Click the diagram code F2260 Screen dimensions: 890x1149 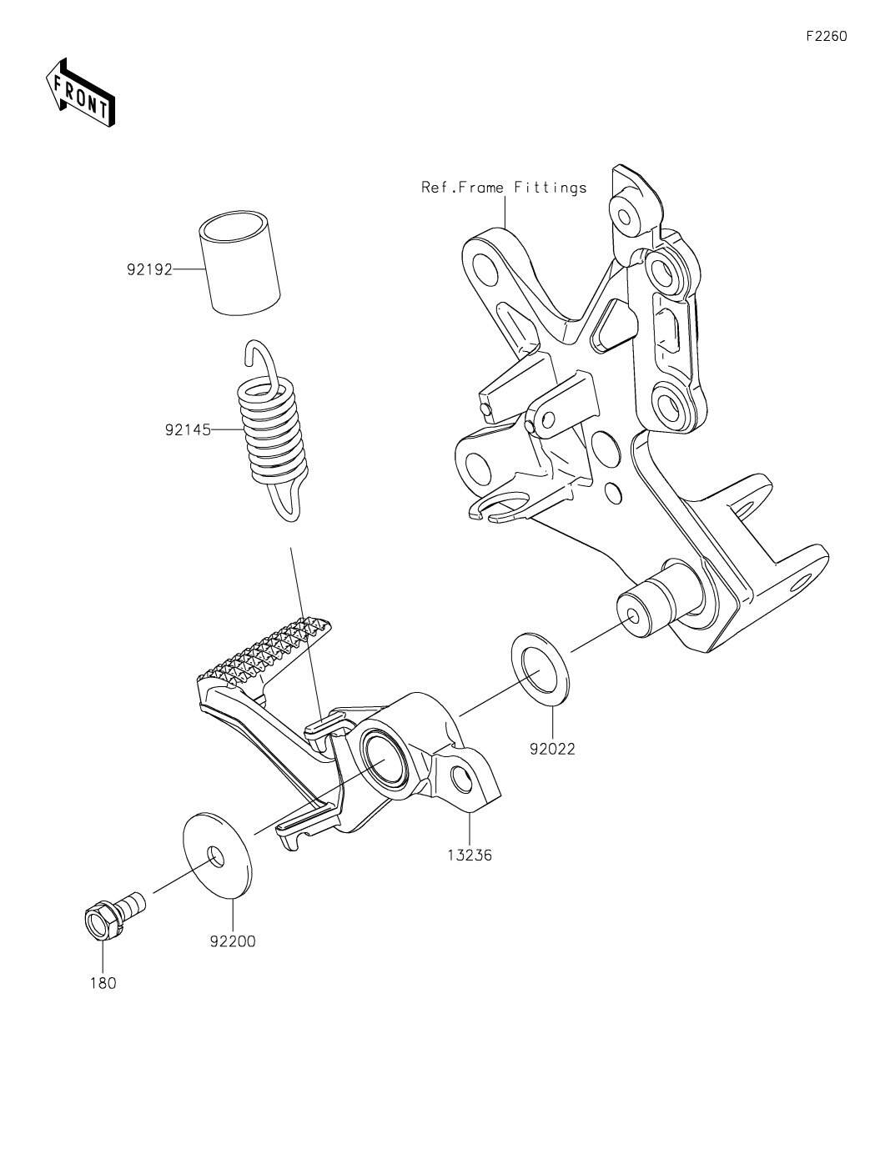click(x=826, y=36)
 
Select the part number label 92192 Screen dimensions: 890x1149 click(x=149, y=269)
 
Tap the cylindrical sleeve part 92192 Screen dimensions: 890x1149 click(x=239, y=263)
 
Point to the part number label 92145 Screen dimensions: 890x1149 click(x=188, y=430)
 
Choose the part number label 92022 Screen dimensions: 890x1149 click(x=553, y=749)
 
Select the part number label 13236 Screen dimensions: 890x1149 click(x=470, y=855)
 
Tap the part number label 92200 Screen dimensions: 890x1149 click(x=233, y=941)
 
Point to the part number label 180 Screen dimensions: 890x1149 click(x=103, y=983)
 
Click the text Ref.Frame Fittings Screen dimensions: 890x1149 click(x=504, y=187)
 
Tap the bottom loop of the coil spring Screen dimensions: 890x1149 click(x=287, y=495)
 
